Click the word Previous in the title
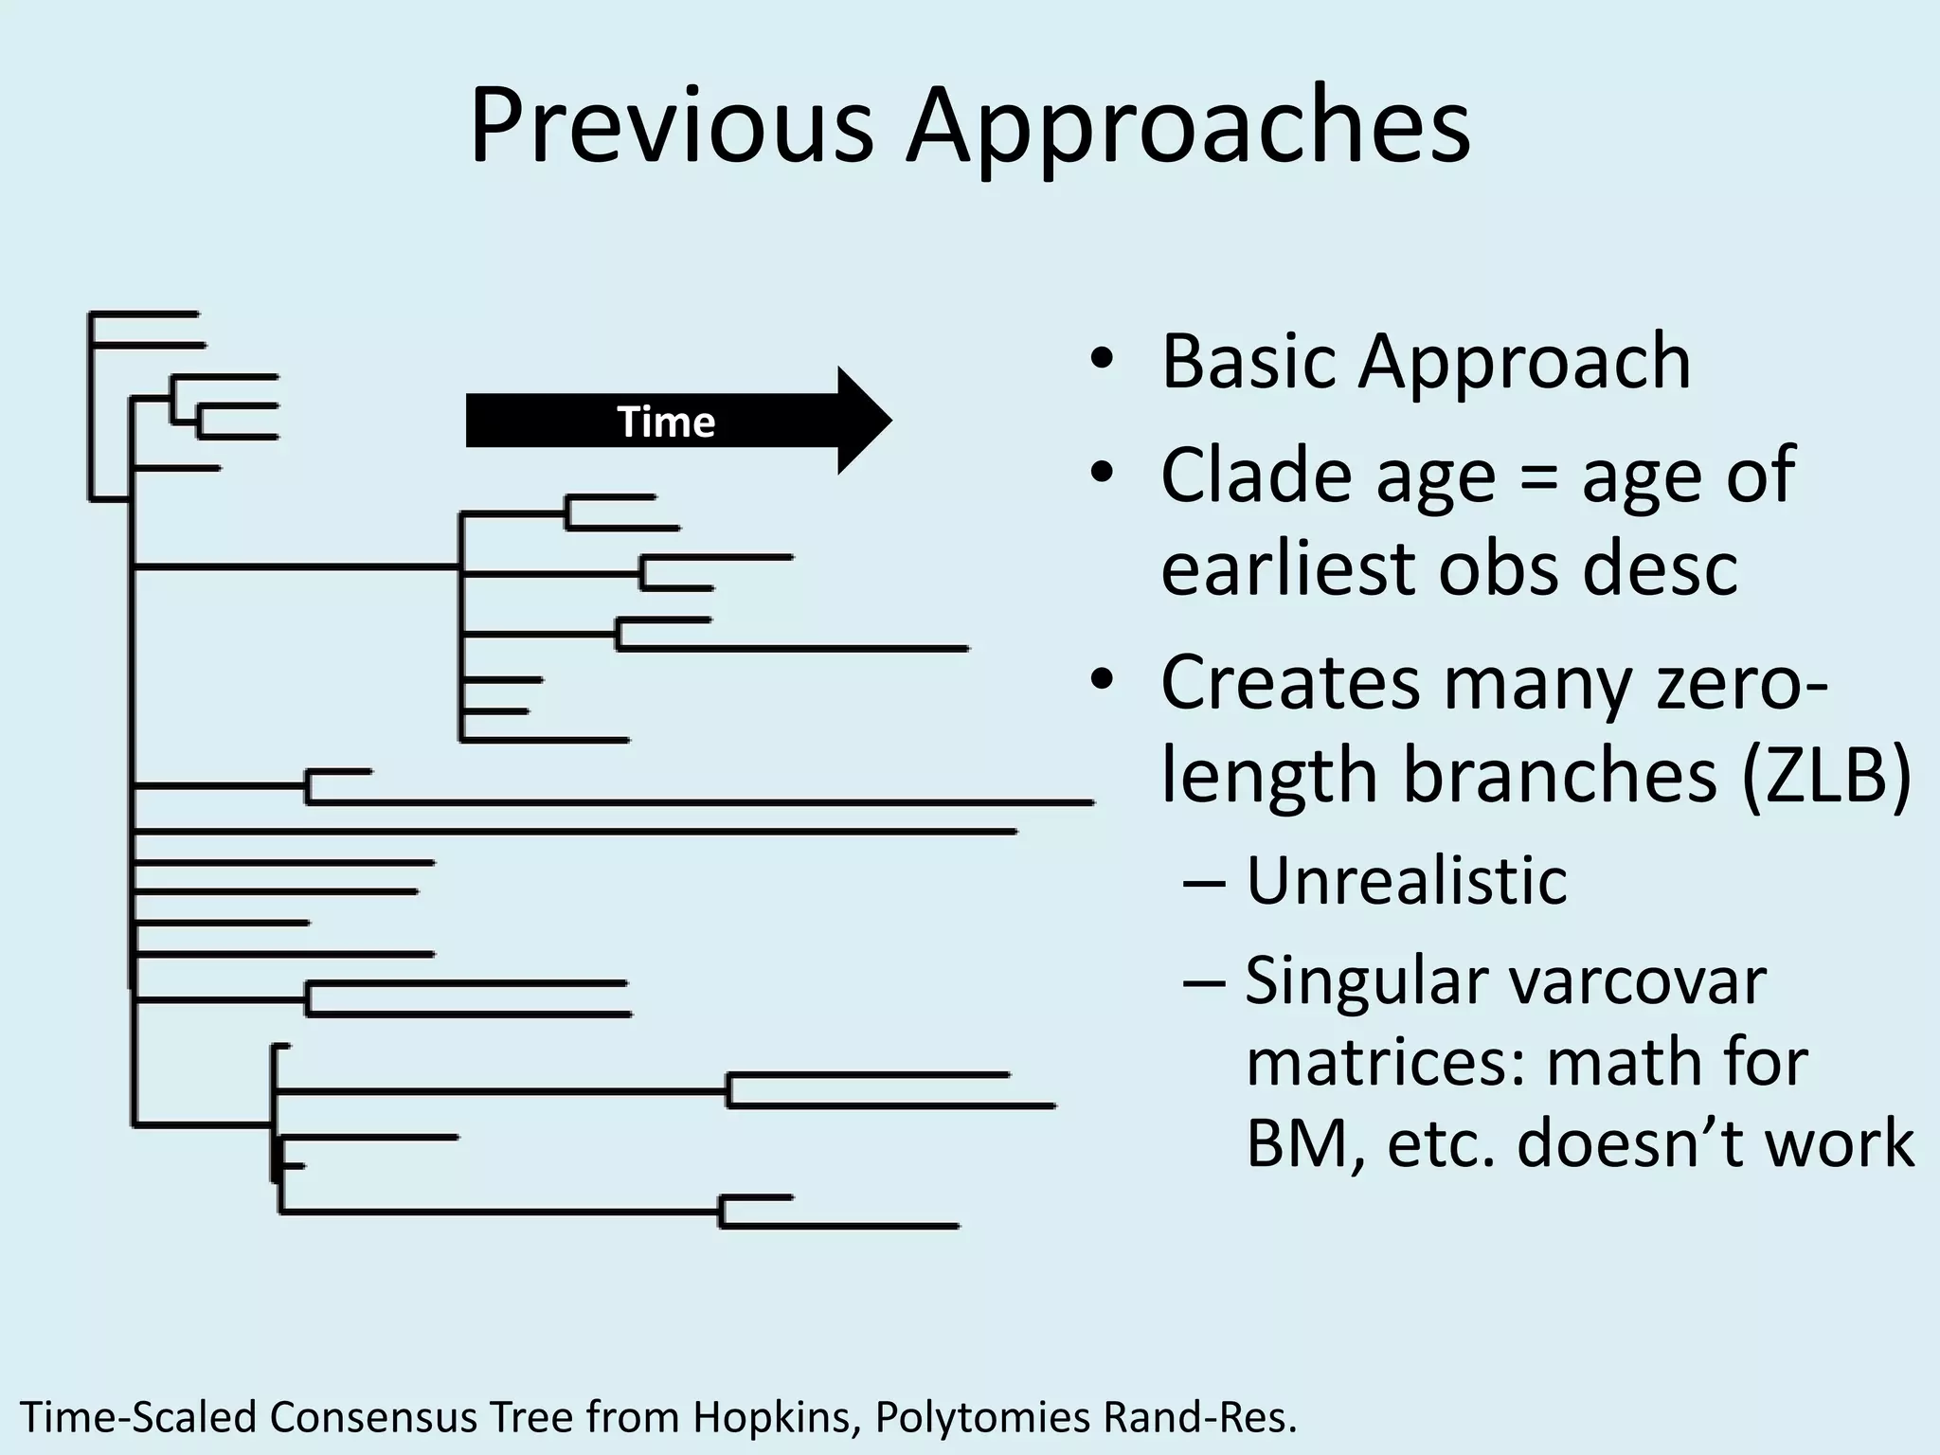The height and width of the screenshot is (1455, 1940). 671,126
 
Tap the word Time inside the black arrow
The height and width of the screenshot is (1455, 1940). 666,422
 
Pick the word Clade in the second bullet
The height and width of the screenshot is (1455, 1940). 1258,475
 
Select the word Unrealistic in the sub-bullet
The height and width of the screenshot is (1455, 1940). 1406,881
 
